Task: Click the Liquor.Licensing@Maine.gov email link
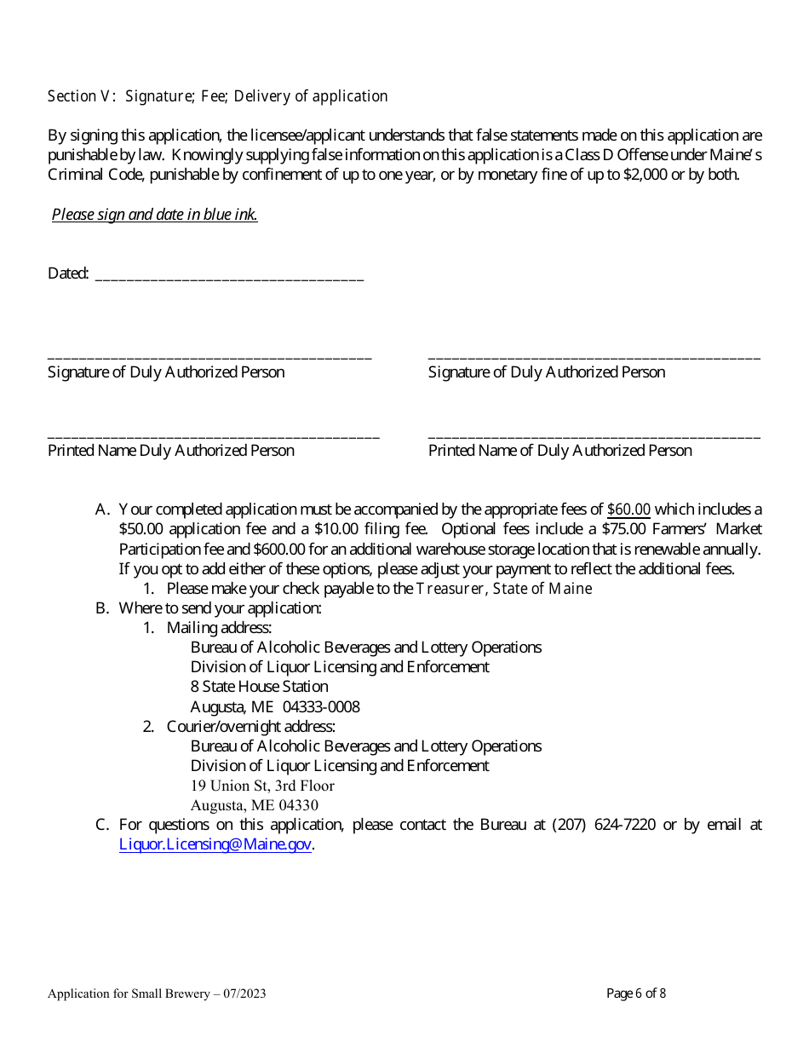coord(215,844)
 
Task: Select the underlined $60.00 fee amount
coord(628,510)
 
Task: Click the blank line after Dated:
coord(229,275)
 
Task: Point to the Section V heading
coord(217,96)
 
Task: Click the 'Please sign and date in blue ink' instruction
coord(154,215)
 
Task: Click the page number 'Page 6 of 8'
coord(636,993)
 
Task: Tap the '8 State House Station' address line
coord(259,687)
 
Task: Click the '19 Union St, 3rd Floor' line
coord(262,786)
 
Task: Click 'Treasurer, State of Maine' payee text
coord(504,589)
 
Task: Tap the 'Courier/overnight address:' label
coord(251,727)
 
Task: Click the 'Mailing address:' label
coord(219,628)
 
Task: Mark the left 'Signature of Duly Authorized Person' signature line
coord(209,355)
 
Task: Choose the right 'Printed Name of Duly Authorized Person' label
coord(559,451)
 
